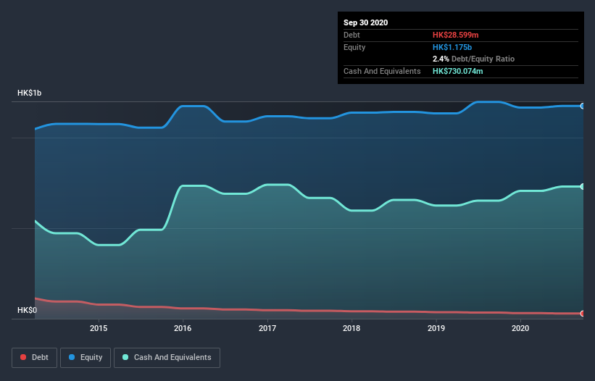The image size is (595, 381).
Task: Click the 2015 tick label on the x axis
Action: tap(99, 328)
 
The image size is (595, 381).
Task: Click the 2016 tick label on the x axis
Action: tap(183, 328)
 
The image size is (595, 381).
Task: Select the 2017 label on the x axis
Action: tap(267, 328)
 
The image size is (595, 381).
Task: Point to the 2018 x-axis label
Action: tap(351, 328)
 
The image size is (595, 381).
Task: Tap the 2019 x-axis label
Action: tap(436, 328)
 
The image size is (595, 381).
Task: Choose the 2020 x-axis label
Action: tap(520, 328)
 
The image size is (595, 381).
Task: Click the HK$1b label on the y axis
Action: tap(30, 93)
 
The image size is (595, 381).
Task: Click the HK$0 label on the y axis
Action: tap(27, 311)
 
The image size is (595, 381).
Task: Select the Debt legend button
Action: tap(36, 357)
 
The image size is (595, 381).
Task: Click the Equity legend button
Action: tap(86, 357)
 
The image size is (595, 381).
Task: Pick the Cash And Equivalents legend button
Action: tap(167, 357)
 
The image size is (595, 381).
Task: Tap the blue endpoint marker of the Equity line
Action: tap(582, 106)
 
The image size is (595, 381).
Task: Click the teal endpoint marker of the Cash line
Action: tap(582, 186)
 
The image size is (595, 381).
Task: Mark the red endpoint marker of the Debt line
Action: tap(582, 313)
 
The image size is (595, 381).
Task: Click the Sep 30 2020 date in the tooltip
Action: tap(365, 22)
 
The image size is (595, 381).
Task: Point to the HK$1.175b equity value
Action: tap(452, 47)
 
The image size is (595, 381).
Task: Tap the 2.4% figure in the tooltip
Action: tap(441, 59)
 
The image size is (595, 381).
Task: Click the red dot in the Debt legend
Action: tap(24, 357)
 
